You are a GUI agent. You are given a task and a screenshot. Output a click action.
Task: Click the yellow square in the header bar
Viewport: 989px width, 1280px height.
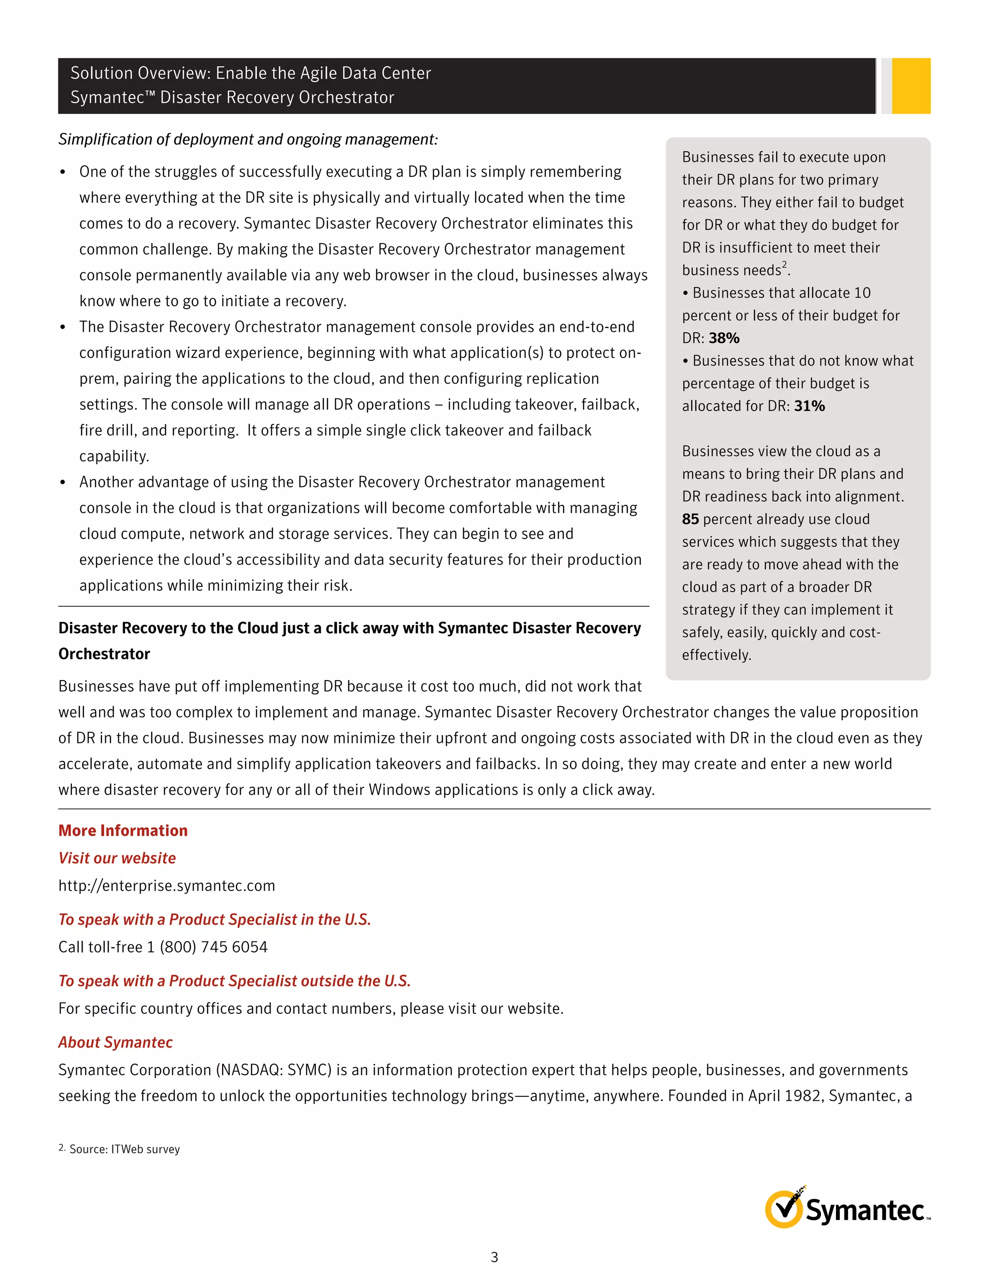(x=911, y=85)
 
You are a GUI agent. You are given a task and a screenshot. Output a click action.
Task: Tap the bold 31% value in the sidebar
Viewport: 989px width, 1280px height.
(x=809, y=406)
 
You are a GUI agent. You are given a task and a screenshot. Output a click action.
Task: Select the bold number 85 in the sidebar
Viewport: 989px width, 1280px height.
(x=690, y=519)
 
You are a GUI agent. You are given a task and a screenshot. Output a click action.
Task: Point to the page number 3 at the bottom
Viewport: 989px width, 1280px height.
(x=494, y=1257)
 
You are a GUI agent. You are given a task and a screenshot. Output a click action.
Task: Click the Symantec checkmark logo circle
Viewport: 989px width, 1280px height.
(x=783, y=1209)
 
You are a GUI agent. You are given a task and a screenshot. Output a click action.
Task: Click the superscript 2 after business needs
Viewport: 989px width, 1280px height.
(x=785, y=264)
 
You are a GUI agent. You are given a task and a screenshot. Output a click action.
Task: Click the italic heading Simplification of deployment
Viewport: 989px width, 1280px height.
(x=248, y=140)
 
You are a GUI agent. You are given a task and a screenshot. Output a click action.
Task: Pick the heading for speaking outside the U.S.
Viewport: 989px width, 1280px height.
(x=234, y=981)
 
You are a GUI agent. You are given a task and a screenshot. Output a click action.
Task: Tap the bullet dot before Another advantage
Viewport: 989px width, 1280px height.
(x=63, y=483)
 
